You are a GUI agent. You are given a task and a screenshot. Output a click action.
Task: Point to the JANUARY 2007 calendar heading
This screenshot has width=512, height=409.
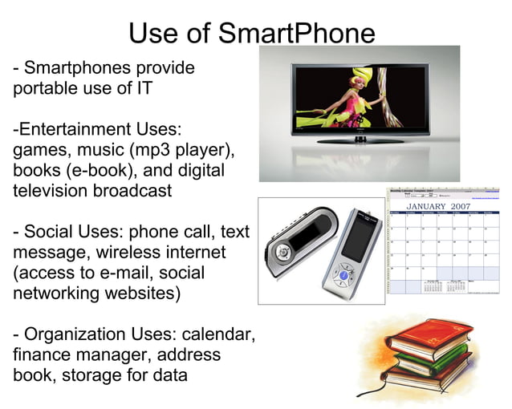(438, 206)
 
